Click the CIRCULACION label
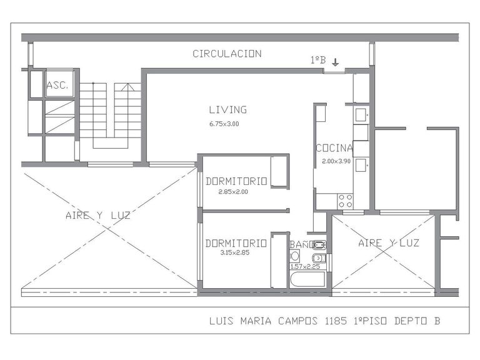tap(227, 54)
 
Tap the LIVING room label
tap(227, 109)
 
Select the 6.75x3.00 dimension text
tap(224, 124)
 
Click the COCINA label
tap(334, 148)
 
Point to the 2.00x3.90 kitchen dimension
tap(336, 161)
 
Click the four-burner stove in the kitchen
tap(345, 201)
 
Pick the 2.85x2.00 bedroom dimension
tap(233, 192)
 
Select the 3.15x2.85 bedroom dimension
tap(235, 252)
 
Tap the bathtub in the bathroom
tap(307, 279)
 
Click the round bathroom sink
tap(295, 256)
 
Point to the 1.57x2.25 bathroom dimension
tap(305, 266)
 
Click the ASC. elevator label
tap(57, 85)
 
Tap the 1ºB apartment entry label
tap(318, 60)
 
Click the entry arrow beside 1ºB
tap(336, 62)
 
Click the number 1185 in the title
tap(336, 321)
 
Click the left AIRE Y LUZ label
tap(98, 215)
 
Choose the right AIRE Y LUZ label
tap(389, 243)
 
